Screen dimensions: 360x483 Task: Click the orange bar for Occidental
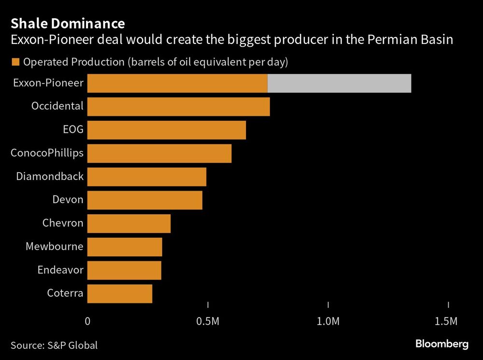[178, 107]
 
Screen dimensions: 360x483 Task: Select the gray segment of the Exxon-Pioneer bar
[339, 83]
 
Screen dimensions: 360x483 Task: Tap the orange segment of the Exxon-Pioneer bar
[177, 83]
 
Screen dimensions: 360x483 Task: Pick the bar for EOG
[167, 130]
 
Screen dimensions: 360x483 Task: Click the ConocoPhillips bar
[159, 153]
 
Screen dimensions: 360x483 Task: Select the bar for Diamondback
[147, 177]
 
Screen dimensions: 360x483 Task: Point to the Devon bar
[145, 200]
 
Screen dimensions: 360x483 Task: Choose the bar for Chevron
[129, 223]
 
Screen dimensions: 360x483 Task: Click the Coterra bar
[120, 293]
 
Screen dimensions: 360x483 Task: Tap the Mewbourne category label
[54, 247]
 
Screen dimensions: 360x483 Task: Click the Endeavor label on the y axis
[60, 270]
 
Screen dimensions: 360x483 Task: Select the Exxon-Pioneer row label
[48, 83]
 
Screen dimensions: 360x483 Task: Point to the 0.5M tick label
[208, 321]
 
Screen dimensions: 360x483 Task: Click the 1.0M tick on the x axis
[328, 321]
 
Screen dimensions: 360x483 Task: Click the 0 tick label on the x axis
[87, 321]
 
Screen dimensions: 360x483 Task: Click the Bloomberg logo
[442, 344]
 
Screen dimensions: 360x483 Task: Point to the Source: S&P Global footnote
[54, 345]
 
